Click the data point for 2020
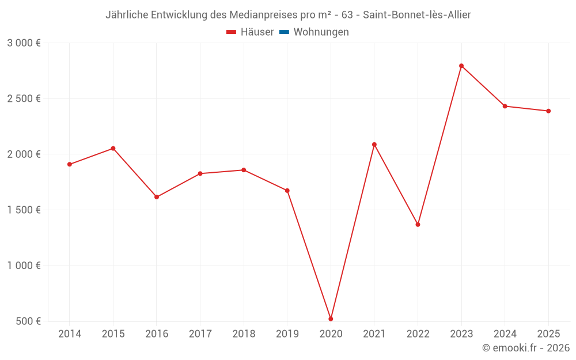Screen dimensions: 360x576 [x=331, y=319]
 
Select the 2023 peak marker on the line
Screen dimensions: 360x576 [x=461, y=66]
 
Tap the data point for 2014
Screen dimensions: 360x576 [x=70, y=164]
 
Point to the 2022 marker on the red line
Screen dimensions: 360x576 [x=418, y=224]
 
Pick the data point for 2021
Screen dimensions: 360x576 [x=374, y=145]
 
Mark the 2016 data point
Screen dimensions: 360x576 [x=157, y=197]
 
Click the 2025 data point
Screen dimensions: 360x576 [x=548, y=111]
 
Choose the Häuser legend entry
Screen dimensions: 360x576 [x=250, y=32]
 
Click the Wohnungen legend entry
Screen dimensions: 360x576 [x=321, y=32]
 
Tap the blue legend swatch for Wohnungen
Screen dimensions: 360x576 [x=284, y=32]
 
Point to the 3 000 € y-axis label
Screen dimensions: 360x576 [x=24, y=43]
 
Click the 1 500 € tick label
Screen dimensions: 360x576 [x=24, y=210]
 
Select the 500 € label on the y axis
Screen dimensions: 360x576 [x=28, y=321]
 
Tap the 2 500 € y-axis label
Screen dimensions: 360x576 [x=24, y=98]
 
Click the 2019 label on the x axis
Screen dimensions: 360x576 [x=287, y=334]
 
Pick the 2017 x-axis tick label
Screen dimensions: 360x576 [x=200, y=334]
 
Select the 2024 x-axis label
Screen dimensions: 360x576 [x=505, y=334]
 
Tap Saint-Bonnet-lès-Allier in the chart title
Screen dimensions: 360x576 [x=417, y=15]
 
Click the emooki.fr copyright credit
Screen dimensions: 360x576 [x=526, y=348]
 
